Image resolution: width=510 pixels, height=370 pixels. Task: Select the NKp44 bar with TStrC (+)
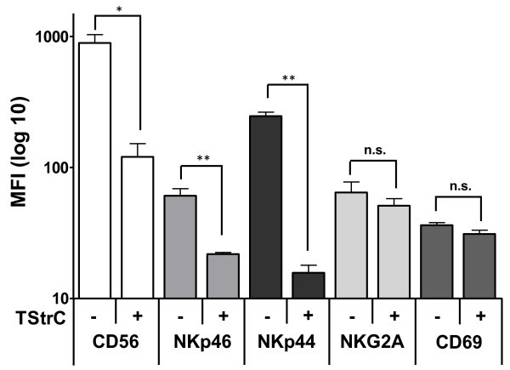[x=308, y=285]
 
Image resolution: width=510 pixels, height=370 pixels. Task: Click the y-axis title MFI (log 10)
[x=16, y=166]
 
